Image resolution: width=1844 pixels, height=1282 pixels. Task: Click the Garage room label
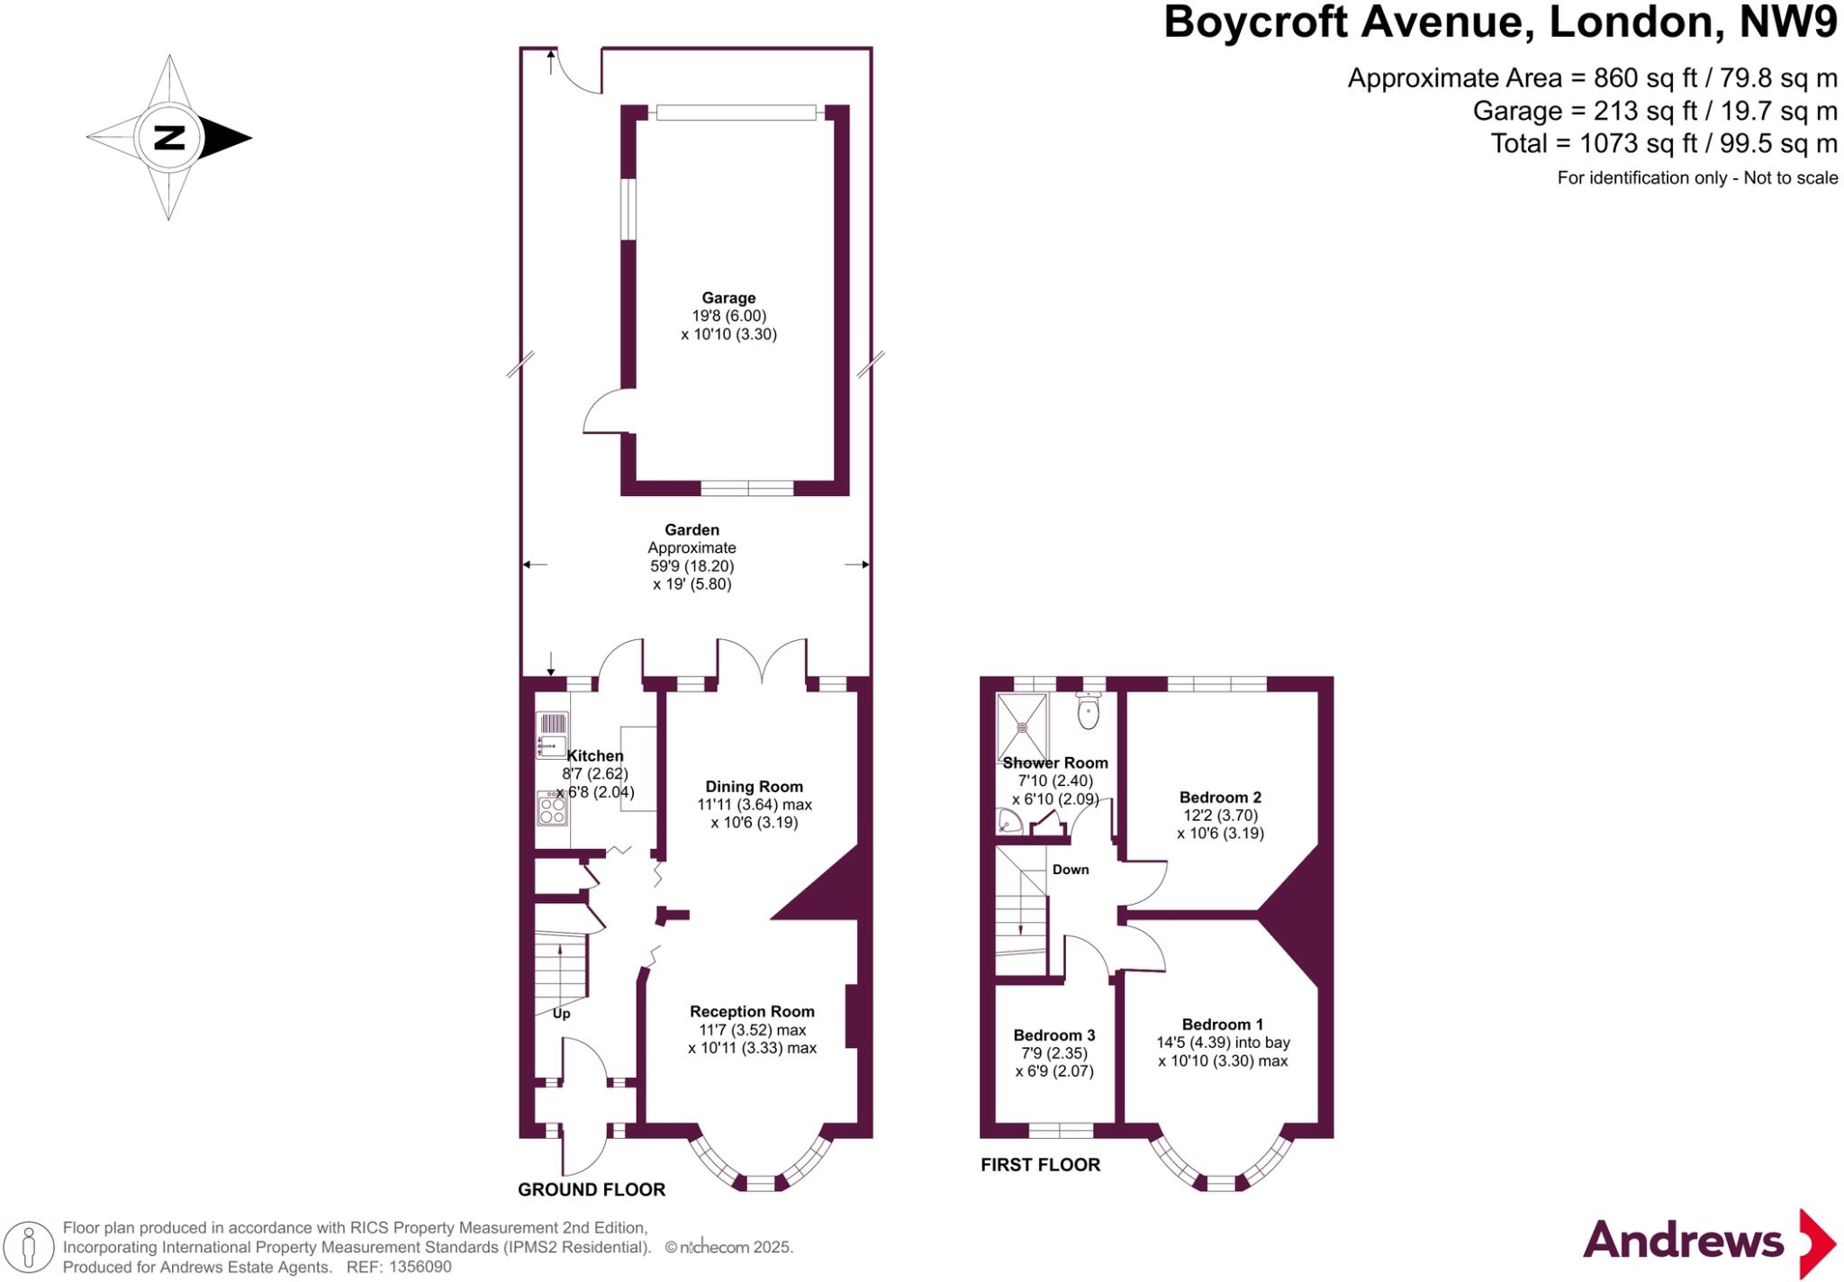[x=728, y=298]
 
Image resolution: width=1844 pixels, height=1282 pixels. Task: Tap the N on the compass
[x=168, y=138]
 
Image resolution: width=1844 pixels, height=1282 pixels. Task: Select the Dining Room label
[x=754, y=786]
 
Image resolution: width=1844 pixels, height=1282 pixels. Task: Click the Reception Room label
[x=752, y=1011]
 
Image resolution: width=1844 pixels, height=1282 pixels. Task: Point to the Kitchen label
[x=594, y=756]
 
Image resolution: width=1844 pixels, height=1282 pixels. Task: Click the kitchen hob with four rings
[x=552, y=808]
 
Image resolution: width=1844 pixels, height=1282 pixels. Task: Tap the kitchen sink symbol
[x=551, y=734]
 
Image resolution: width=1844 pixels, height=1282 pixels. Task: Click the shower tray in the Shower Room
[x=1022, y=727]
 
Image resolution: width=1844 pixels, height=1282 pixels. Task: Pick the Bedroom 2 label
[x=1220, y=797]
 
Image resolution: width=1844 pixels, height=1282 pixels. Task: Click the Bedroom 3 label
[x=1053, y=1034]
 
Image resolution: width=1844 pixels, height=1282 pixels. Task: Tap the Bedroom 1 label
[x=1222, y=1024]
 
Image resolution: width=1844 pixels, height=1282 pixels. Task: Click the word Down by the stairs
[x=1071, y=870]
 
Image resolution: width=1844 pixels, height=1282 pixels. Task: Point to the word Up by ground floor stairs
[x=561, y=1014]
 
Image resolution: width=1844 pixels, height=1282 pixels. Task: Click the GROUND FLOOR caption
[x=591, y=1189]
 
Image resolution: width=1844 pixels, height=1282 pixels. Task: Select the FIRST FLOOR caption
[x=1040, y=1164]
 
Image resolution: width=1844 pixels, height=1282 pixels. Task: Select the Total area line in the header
[x=1663, y=143]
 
